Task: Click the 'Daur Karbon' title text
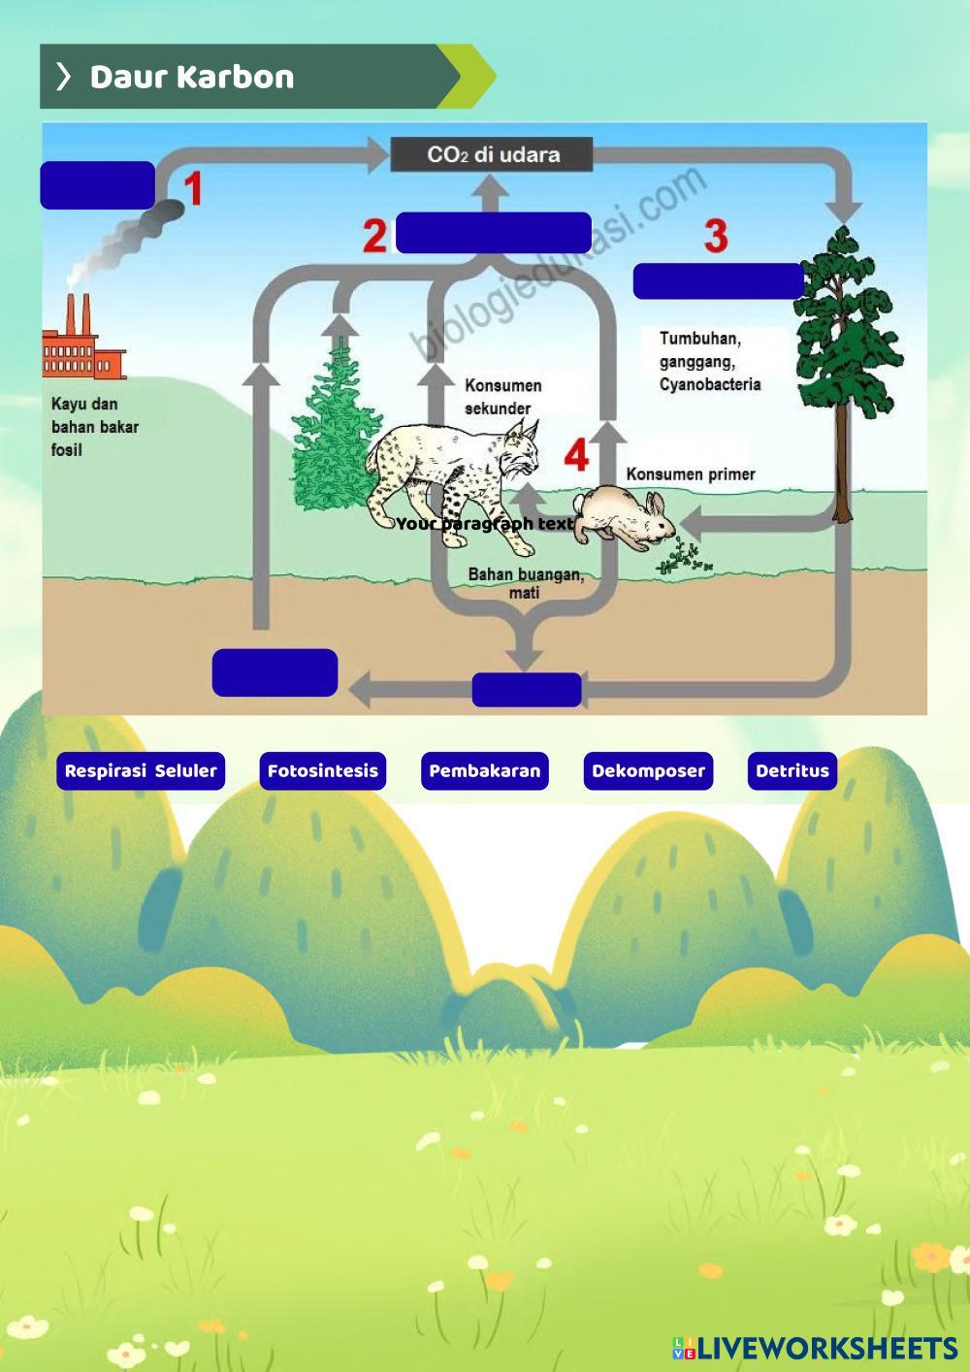(191, 77)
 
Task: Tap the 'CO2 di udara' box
(492, 154)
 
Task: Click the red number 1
(194, 189)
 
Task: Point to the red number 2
(375, 236)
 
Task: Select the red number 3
(716, 236)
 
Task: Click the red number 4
(577, 454)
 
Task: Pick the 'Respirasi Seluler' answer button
(141, 771)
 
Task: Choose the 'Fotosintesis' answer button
(322, 771)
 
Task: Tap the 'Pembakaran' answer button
(484, 771)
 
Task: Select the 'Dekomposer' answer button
(648, 771)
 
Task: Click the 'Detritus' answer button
(792, 771)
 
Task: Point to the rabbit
(624, 516)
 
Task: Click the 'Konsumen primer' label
(690, 474)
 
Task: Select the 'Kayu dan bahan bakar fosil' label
(94, 427)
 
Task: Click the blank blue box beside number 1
(97, 185)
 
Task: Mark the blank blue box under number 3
(718, 280)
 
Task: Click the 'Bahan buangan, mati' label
(526, 583)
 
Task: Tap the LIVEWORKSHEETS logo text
(824, 1348)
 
